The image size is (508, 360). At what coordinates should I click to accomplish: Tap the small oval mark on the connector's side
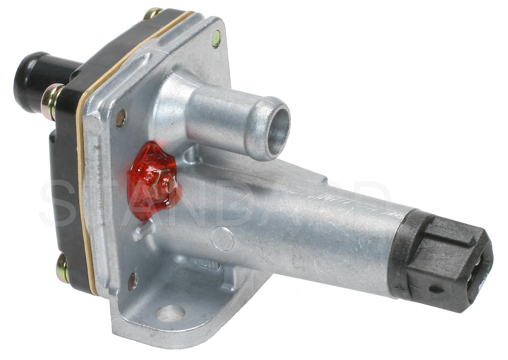tap(435, 290)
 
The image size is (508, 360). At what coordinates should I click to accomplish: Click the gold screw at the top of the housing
tap(152, 14)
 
